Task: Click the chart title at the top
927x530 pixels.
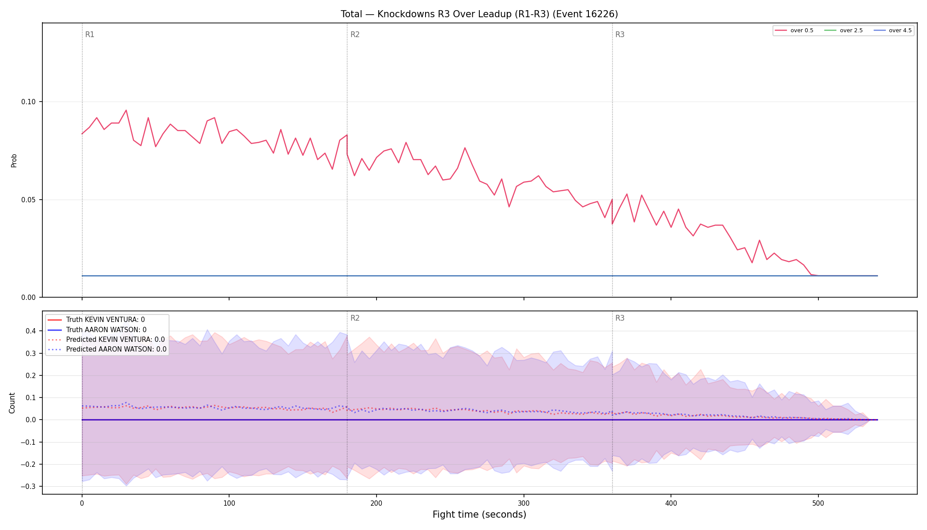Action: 479,14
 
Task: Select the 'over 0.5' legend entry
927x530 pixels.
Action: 794,30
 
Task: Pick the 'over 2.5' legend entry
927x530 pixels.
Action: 844,30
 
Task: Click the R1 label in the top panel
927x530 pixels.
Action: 90,34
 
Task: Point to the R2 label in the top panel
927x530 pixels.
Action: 355,34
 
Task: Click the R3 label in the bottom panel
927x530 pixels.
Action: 620,318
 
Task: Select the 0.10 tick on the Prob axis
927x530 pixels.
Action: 28,102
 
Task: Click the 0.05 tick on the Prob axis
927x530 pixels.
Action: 28,200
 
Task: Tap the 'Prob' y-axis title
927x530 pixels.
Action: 14,160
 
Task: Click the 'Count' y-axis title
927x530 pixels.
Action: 12,403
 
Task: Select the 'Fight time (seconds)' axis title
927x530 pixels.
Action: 479,515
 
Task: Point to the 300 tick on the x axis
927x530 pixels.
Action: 524,503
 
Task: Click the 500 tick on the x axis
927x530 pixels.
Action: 818,503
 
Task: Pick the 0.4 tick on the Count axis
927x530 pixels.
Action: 31,331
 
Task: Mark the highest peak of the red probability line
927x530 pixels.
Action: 126,110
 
